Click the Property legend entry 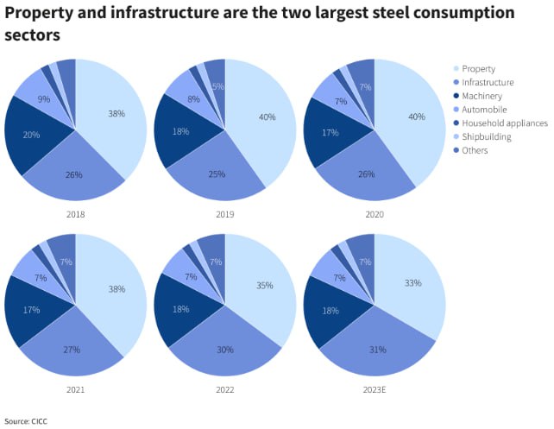pyautogui.click(x=478, y=68)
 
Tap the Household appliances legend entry pyautogui.click(x=505, y=123)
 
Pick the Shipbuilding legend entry pyautogui.click(x=487, y=137)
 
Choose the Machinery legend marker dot pyautogui.click(x=456, y=96)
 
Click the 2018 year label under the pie pyautogui.click(x=75, y=213)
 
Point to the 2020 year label pyautogui.click(x=374, y=213)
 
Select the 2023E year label pyautogui.click(x=374, y=388)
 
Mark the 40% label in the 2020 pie pyautogui.click(x=416, y=117)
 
